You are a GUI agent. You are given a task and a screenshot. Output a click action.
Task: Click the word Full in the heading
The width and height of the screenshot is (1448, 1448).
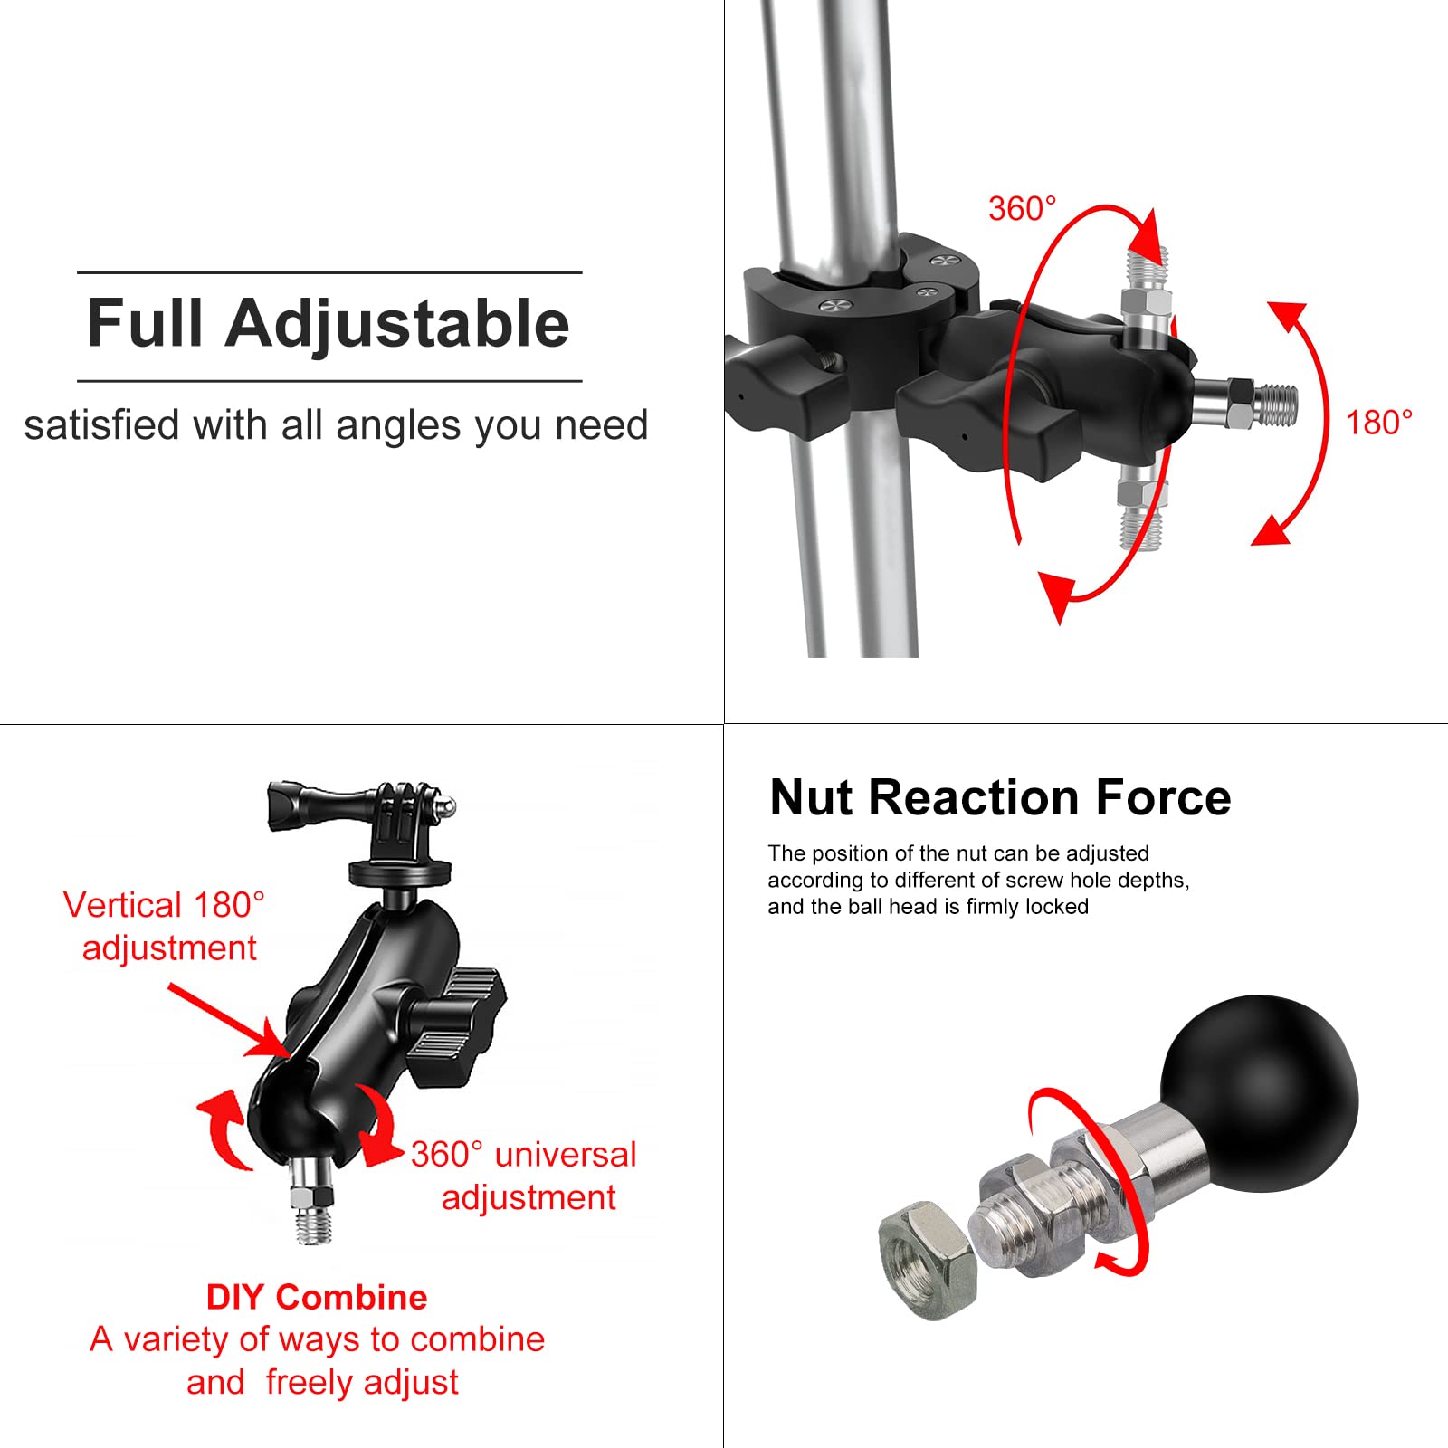[144, 324]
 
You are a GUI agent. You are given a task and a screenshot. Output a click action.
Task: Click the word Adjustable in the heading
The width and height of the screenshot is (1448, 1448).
[397, 324]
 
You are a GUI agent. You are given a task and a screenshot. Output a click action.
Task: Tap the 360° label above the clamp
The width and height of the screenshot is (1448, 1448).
[1022, 209]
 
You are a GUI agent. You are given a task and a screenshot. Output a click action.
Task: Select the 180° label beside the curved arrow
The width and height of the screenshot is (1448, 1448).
[1378, 423]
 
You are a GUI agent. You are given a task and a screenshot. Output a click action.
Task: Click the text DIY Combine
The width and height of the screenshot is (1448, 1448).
[316, 1297]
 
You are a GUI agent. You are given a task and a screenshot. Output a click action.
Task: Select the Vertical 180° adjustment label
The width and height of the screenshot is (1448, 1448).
[164, 926]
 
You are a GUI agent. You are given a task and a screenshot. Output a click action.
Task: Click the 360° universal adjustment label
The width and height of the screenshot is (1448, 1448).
[524, 1175]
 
